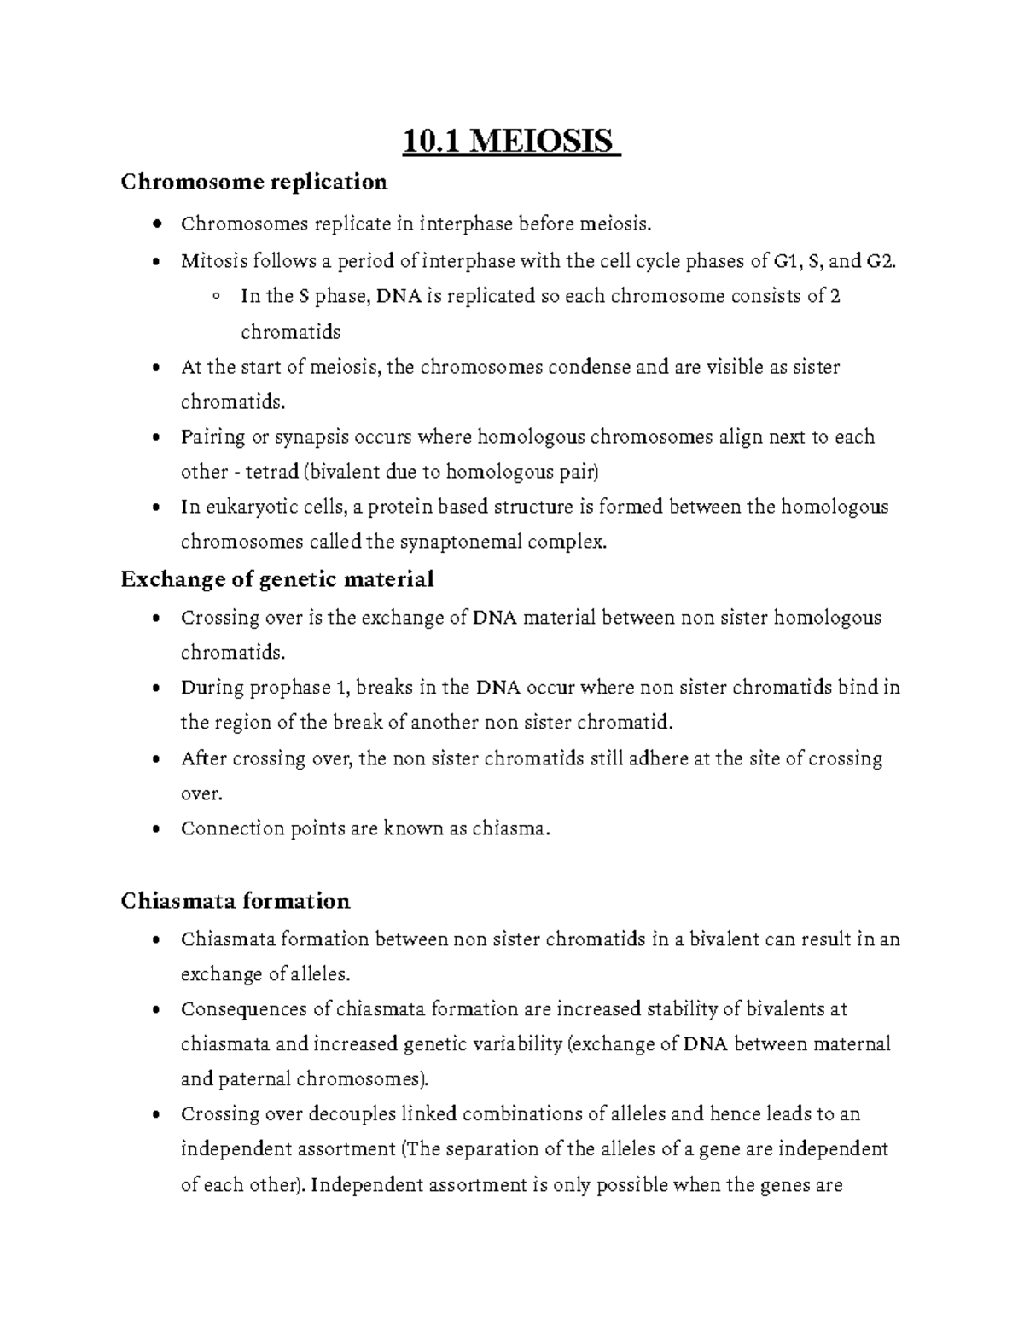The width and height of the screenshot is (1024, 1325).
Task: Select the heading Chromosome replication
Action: pyautogui.click(x=254, y=182)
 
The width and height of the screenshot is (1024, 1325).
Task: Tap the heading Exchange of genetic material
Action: pyautogui.click(x=277, y=579)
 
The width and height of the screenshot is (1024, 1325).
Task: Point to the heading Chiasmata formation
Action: pyautogui.click(x=236, y=901)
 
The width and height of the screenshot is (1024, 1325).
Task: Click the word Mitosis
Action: pyautogui.click(x=210, y=261)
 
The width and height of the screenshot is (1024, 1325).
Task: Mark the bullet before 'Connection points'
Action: pyautogui.click(x=154, y=829)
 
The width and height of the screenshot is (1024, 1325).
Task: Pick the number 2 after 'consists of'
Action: pyautogui.click(x=835, y=296)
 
